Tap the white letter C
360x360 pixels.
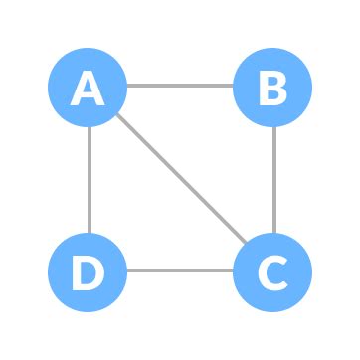272,271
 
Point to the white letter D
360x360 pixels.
89,271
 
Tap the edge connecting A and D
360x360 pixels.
89,179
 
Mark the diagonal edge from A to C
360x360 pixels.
180,179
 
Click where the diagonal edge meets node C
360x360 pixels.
245,244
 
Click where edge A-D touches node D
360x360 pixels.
89,232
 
